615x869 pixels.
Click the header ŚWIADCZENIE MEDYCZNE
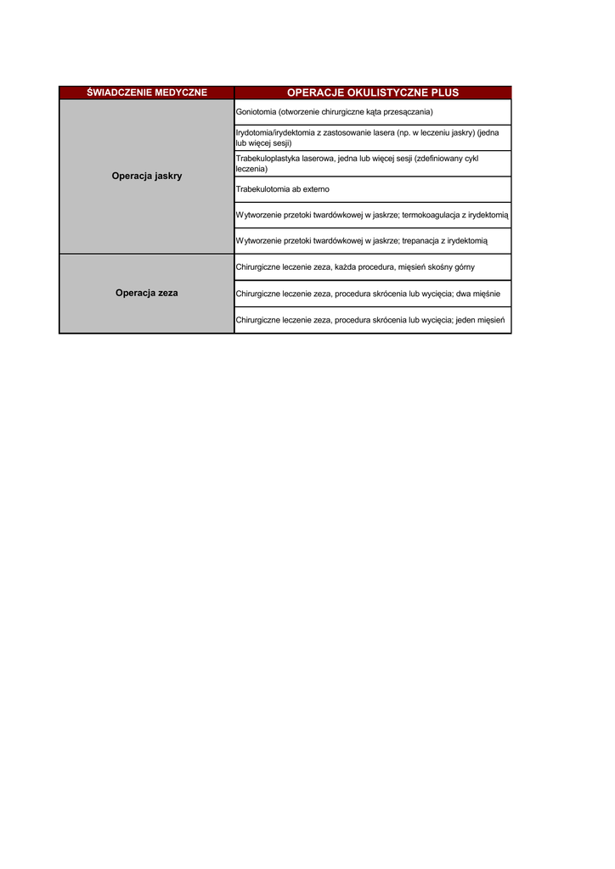click(x=146, y=93)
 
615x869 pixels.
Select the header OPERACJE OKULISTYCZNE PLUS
click(x=373, y=93)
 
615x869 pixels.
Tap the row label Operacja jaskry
click(x=146, y=177)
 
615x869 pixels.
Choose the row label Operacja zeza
click(x=146, y=293)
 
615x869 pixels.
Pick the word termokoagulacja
click(x=430, y=216)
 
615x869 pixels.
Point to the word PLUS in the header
click(x=444, y=93)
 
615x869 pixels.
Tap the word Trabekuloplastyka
click(x=268, y=159)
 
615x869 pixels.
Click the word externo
click(x=315, y=189)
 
